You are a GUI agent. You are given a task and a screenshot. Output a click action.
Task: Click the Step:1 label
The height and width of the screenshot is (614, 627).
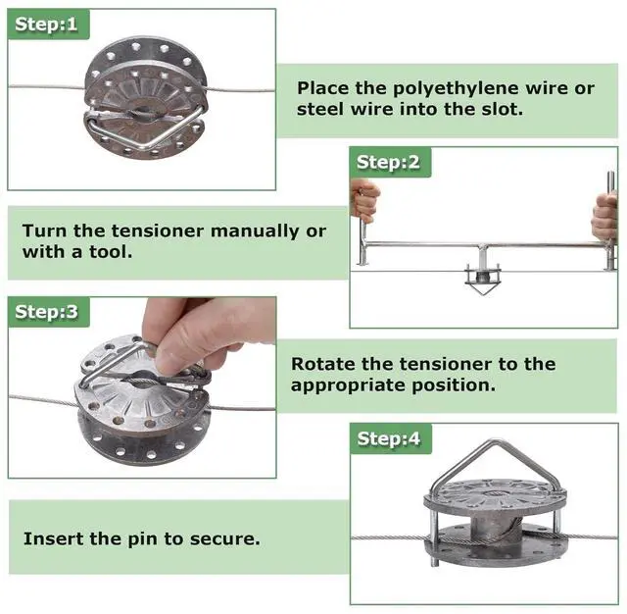44,24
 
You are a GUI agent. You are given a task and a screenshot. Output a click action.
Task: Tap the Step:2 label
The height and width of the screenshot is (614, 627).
387,162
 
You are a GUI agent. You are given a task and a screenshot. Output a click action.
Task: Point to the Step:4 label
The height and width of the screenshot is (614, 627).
388,438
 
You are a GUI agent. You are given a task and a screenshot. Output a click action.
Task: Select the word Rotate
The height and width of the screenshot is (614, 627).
322,364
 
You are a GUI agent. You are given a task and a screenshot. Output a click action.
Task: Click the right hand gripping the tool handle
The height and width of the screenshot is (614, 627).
605,215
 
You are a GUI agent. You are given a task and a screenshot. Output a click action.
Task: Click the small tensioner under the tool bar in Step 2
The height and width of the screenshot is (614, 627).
482,280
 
